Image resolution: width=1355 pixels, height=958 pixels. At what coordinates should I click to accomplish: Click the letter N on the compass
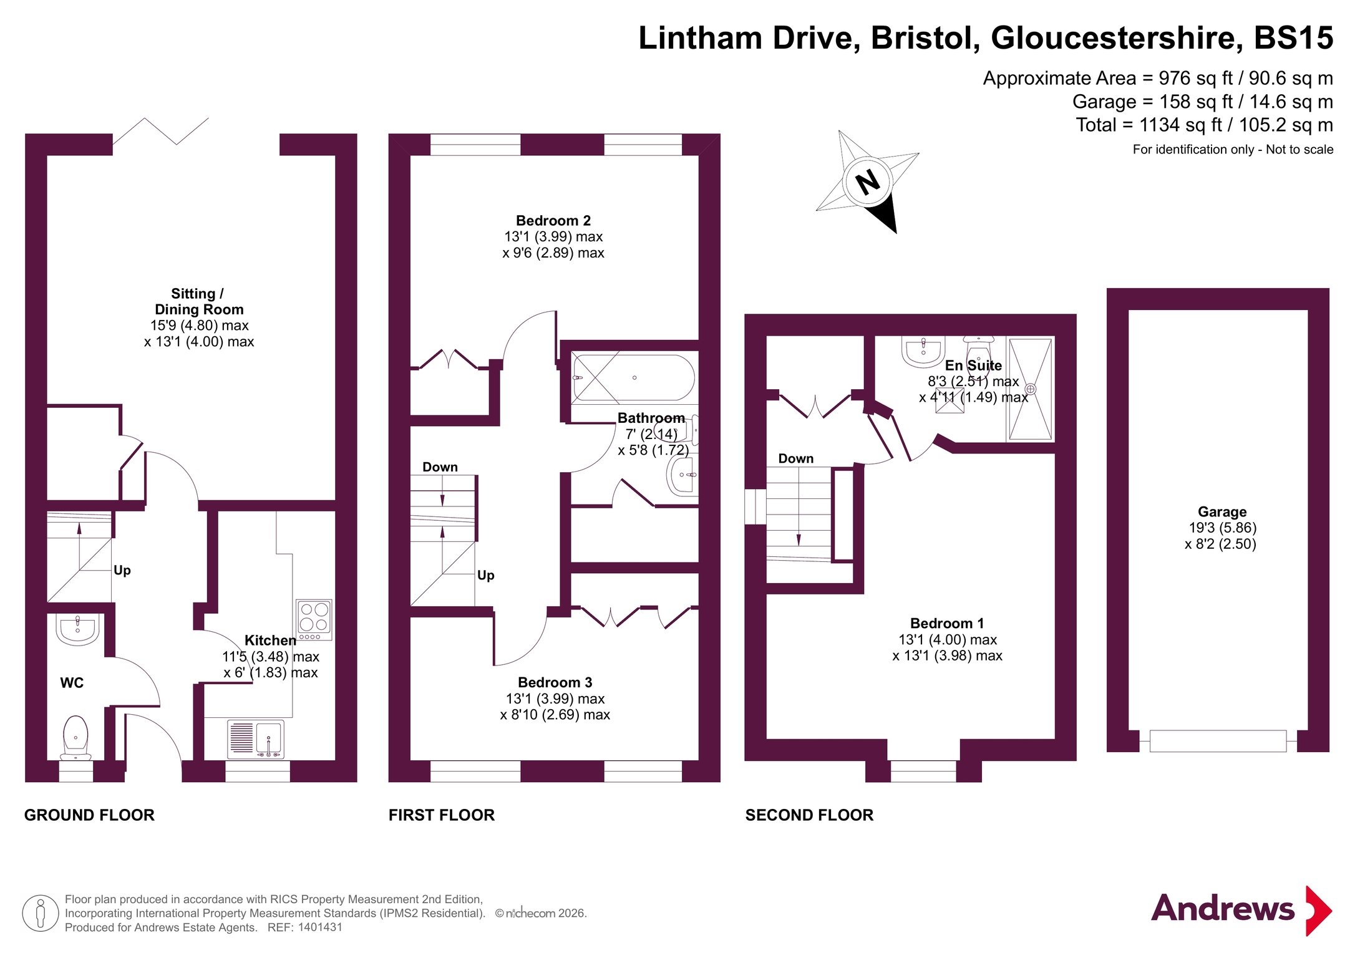click(868, 182)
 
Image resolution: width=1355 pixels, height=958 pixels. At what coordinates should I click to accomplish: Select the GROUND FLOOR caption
click(89, 815)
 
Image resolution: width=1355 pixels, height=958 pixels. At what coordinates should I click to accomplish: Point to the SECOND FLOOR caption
click(809, 815)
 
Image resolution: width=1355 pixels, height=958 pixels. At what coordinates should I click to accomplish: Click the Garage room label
click(1221, 512)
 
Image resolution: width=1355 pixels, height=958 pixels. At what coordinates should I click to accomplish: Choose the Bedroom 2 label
click(553, 221)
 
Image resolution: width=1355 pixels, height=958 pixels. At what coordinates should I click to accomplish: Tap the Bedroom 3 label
click(555, 682)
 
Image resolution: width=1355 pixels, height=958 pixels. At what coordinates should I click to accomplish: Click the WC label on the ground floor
click(72, 683)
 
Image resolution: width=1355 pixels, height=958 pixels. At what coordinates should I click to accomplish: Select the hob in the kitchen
click(314, 619)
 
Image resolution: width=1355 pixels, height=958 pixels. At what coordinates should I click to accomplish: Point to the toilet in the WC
click(75, 736)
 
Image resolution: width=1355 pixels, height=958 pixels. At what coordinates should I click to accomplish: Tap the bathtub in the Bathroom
click(633, 377)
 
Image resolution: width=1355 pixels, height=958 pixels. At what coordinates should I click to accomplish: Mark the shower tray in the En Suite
click(1030, 389)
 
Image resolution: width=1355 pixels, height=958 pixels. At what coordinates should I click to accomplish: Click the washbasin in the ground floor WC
click(77, 628)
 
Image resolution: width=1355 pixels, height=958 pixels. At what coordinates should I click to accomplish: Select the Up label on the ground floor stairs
click(122, 570)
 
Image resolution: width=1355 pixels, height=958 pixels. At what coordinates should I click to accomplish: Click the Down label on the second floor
click(795, 458)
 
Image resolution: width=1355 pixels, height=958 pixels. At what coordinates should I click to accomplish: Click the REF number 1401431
click(320, 927)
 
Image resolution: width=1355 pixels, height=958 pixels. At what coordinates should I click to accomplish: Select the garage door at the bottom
click(1217, 741)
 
